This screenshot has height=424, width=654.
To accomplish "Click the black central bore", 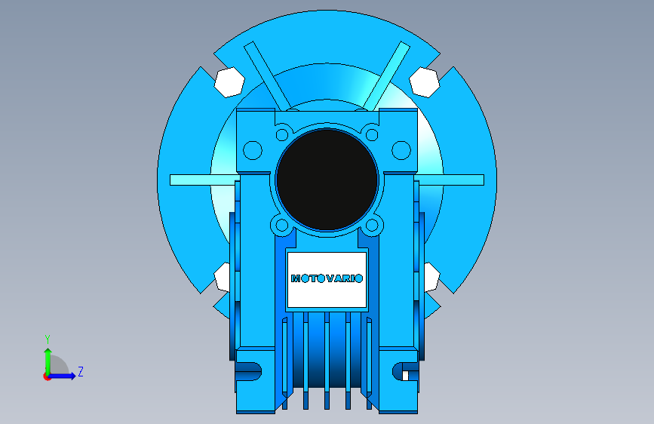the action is pos(327,180).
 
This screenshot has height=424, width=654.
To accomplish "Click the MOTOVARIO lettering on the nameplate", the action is pos(327,278).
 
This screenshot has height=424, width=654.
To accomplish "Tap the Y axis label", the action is pos(48,339).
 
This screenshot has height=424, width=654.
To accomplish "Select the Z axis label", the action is pos(81,371).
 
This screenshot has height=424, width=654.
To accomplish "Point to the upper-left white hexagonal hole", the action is pos(229,81).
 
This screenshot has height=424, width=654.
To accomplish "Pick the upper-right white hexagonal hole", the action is pos(425,81).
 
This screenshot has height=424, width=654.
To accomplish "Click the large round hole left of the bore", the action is pos(253,150).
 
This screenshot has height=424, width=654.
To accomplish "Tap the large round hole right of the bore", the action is pos(401,150).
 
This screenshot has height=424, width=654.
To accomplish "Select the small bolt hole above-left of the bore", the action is pos(282,135).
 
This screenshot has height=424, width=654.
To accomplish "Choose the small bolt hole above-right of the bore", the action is pos(372,135).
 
